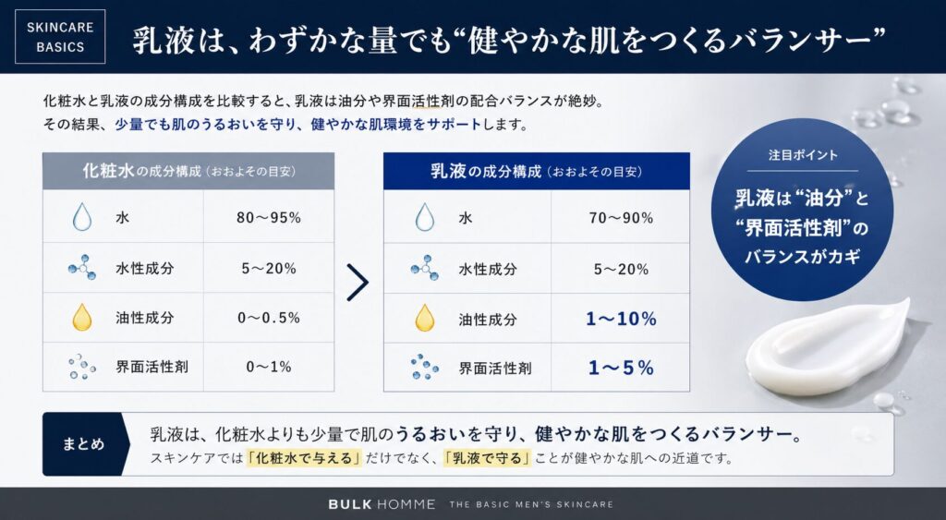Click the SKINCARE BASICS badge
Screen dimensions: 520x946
[61, 36]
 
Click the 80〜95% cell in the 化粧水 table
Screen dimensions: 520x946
[269, 219]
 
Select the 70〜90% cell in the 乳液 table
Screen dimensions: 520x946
[621, 219]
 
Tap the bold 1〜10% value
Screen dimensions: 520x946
[621, 319]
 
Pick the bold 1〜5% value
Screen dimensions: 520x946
[621, 368]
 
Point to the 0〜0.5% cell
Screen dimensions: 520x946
[269, 318]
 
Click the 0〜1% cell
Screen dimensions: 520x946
[269, 367]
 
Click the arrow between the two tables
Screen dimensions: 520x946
[358, 284]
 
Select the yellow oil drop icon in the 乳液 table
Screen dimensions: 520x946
[424, 318]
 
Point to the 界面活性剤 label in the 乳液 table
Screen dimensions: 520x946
[494, 368]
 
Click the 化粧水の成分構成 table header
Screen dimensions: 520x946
[188, 172]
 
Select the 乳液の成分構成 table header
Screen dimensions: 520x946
[537, 172]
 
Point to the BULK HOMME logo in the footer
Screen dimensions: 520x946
[381, 504]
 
